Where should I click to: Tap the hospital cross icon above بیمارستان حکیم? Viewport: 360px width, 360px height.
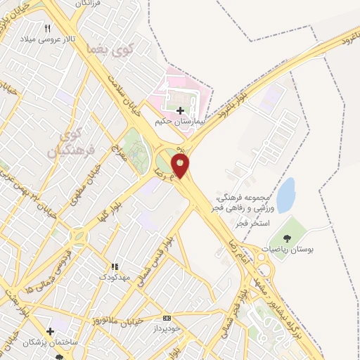[x=181, y=110]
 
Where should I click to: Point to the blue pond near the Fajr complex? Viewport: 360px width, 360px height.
[x=285, y=195]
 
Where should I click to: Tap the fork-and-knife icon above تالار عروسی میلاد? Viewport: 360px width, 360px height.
[x=48, y=28]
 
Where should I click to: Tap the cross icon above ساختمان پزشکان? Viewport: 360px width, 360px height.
[x=50, y=331]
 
